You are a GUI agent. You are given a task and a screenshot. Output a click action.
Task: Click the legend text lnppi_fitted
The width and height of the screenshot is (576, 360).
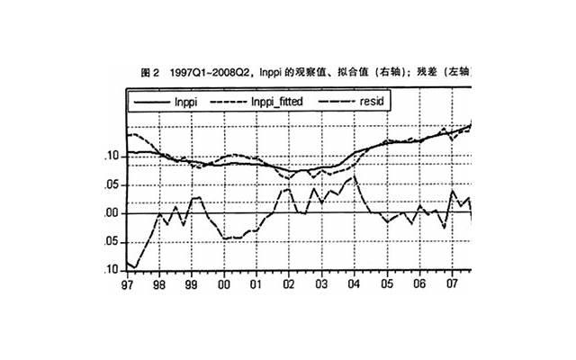point(279,103)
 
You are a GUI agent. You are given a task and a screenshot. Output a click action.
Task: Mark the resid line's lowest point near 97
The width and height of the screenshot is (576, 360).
point(135,267)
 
